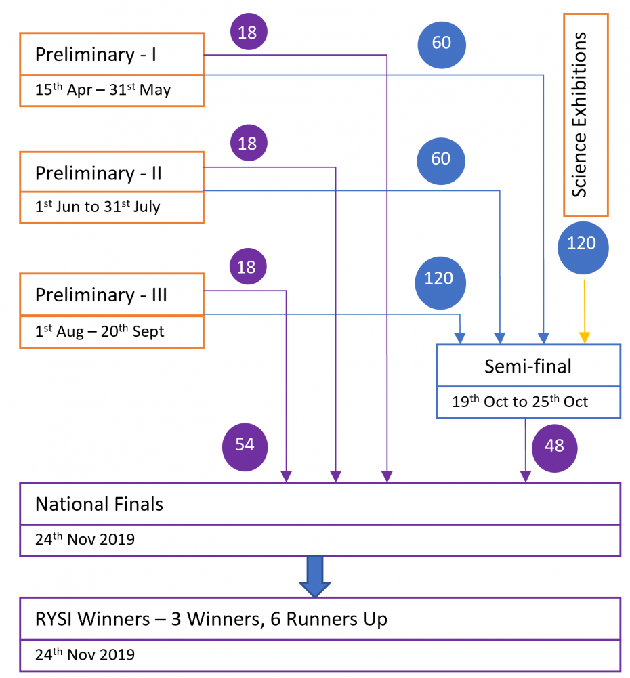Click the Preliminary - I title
point(96,54)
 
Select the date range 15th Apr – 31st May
point(103,89)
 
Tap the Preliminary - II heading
point(98,173)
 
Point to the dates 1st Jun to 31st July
point(98,207)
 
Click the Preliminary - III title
point(101,295)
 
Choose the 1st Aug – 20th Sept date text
point(100,331)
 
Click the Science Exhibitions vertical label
point(579,114)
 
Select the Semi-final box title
point(528,366)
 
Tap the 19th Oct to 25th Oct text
point(520,401)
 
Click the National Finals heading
point(100,504)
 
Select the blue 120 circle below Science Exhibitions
point(583,248)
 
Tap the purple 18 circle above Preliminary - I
point(249,32)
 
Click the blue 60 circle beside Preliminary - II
point(440,161)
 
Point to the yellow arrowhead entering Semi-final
point(584,337)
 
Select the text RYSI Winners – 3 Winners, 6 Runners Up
point(211,619)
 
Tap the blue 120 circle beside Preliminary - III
point(440,283)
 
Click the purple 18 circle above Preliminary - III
point(248,266)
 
